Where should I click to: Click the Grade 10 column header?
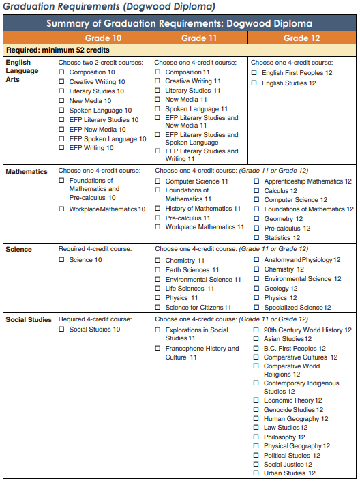tap(104, 38)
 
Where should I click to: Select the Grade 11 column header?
tap(200, 38)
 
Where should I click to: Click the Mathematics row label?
tap(27, 171)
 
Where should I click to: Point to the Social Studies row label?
tap(29, 319)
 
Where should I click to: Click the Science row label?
tap(18, 249)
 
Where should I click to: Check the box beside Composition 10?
tap(62, 72)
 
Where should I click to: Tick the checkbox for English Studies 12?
tap(254, 83)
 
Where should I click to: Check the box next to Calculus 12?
tap(256, 191)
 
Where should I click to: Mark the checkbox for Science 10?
tap(62, 260)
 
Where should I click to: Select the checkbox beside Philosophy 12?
tap(256, 437)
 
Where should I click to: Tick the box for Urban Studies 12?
tap(256, 473)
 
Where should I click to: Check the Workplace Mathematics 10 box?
tap(62, 209)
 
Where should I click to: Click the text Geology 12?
tap(280, 289)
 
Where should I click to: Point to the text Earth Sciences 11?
tap(187, 270)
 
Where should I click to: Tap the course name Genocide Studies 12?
tap(293, 409)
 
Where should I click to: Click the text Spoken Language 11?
tap(196, 109)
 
